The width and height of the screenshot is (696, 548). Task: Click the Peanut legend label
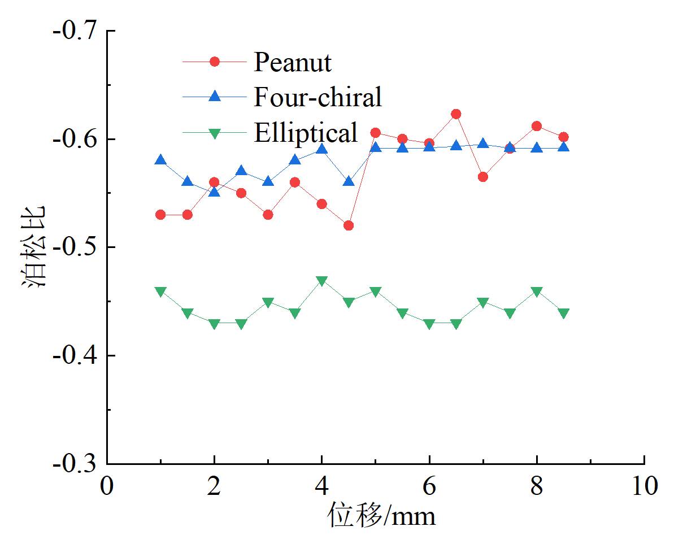[x=292, y=62]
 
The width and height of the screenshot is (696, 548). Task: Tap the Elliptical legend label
[x=306, y=132]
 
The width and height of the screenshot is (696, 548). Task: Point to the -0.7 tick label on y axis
[x=75, y=31]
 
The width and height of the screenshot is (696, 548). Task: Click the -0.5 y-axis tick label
[x=75, y=247]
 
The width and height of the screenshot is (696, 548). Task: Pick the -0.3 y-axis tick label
[x=75, y=464]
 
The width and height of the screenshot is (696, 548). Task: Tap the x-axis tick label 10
[x=644, y=486]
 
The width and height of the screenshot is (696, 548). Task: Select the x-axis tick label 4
[x=321, y=486]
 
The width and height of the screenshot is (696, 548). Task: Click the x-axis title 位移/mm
[x=381, y=516]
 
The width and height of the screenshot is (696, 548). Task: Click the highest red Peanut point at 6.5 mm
[x=456, y=114]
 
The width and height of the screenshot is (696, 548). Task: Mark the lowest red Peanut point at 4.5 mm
[x=349, y=226]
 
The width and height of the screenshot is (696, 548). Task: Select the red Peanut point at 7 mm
[x=483, y=177]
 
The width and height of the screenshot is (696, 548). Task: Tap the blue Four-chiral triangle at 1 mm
[x=160, y=160]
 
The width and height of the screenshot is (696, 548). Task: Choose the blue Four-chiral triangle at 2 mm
[x=214, y=192]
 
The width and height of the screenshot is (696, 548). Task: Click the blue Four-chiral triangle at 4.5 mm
[x=349, y=181]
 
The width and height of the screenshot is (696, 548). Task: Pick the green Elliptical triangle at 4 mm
[x=321, y=281]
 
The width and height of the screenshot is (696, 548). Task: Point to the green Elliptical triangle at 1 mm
[x=160, y=292]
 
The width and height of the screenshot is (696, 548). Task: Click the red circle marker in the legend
[x=214, y=62]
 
